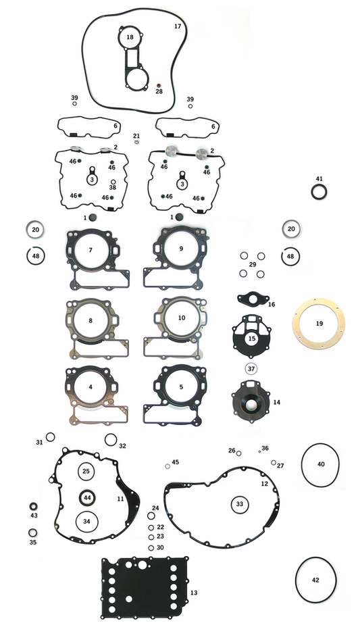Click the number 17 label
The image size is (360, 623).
(178, 26)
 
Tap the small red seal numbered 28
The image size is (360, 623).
(159, 85)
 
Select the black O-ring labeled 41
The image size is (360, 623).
(319, 192)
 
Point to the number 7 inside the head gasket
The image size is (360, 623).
(90, 249)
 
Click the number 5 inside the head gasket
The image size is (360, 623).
(181, 387)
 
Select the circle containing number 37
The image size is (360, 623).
(251, 369)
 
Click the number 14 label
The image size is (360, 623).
(276, 402)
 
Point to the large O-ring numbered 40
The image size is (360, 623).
(321, 464)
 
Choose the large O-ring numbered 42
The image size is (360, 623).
(315, 580)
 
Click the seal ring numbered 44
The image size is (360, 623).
(87, 497)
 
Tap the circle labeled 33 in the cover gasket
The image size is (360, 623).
(239, 504)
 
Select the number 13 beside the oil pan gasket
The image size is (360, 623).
(194, 592)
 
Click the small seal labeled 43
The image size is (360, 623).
(33, 506)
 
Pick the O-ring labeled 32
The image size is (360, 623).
(111, 440)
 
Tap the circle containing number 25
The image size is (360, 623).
(86, 470)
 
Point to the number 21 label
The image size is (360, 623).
(136, 136)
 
